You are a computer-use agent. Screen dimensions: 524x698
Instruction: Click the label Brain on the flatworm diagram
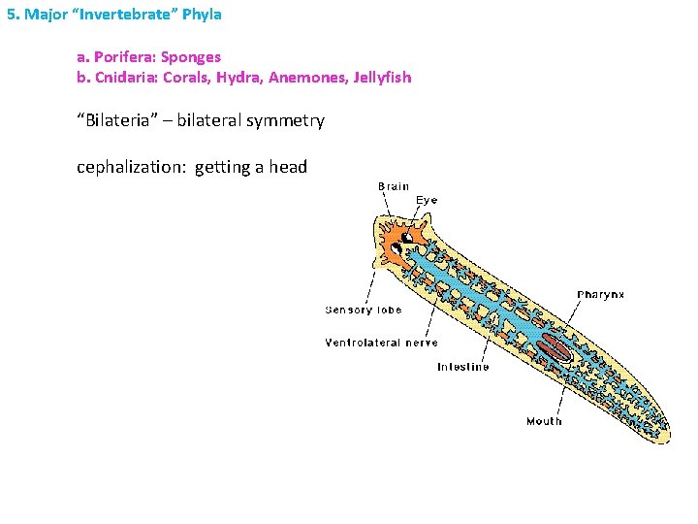pos(394,186)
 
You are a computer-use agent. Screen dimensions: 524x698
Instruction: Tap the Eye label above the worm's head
pos(427,200)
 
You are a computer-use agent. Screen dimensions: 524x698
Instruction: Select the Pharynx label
pos(601,294)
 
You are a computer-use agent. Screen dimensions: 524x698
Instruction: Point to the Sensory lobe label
pos(363,311)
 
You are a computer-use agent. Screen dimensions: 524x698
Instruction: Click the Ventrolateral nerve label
pos(381,343)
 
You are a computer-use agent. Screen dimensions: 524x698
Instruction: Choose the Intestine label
pos(462,367)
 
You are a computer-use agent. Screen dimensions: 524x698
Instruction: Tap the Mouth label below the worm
pos(544,421)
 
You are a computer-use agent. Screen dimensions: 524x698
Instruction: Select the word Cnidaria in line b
pos(125,77)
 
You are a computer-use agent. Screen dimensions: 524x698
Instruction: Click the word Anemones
pos(310,77)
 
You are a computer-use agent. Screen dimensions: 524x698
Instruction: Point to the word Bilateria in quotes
pos(121,120)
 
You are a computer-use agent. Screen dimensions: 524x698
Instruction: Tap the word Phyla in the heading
pos(203,15)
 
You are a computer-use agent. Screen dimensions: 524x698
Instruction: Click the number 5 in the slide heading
pos(10,15)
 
